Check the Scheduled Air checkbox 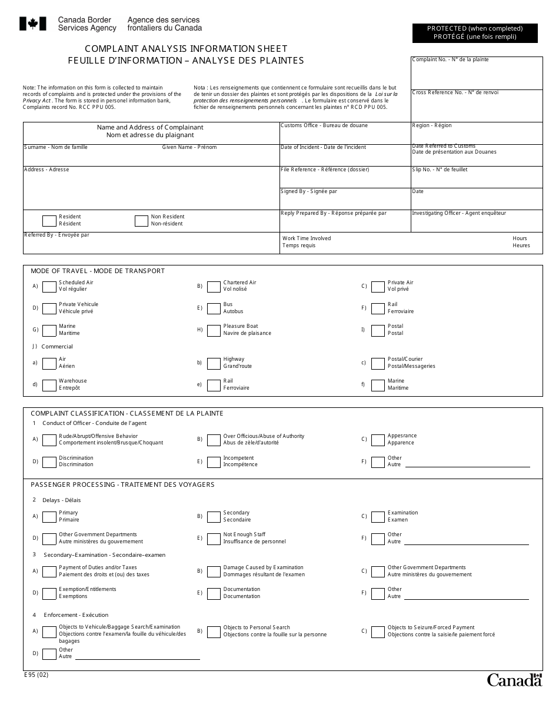[49, 286]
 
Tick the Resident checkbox [49, 221]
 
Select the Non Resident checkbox [141, 221]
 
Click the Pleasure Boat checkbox [214, 330]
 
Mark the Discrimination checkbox [49, 462]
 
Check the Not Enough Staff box [214, 539]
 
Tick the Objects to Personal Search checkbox [214, 632]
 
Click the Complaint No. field [476, 75]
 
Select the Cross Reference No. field [476, 108]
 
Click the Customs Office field [344, 135]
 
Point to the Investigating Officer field [476, 223]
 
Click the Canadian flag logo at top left [33, 24]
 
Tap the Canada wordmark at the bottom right [514, 680]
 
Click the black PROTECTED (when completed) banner [474, 32]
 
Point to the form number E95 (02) [36, 675]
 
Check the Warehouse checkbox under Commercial [49, 385]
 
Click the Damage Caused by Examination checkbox [214, 571]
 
